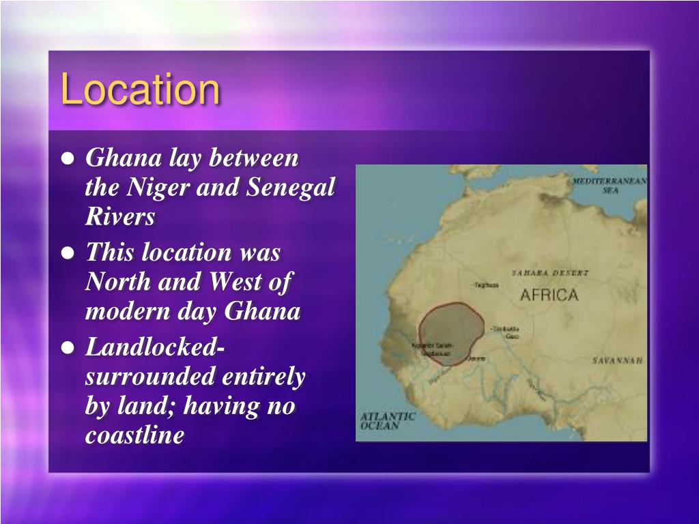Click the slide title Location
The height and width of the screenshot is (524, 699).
click(x=140, y=90)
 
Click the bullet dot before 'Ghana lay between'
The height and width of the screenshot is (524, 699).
click(x=68, y=159)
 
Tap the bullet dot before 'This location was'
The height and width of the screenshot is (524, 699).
click(x=68, y=253)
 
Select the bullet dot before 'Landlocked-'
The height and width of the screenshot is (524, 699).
click(x=68, y=347)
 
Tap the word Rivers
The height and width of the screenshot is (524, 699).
click(x=120, y=216)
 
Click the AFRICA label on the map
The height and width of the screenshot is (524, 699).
click(x=549, y=295)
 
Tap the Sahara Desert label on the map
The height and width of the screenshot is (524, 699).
click(x=550, y=273)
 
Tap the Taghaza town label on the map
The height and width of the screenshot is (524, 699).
click(x=485, y=285)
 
